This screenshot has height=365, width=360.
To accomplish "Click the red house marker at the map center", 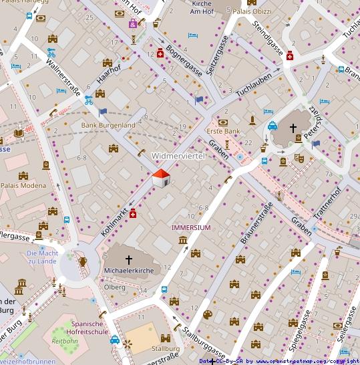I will click(161, 178).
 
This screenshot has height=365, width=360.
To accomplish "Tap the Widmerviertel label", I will click(181, 156).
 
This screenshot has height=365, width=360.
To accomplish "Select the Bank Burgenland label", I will click(108, 125).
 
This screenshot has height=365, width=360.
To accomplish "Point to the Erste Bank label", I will click(222, 132).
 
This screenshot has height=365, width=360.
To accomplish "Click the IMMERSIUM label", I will click(191, 228).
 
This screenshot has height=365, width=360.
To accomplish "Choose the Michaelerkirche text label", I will click(129, 271).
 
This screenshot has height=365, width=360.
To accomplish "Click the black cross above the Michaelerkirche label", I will click(129, 259).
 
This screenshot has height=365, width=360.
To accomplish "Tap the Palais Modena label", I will click(23, 185).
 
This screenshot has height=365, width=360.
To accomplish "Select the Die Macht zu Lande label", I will click(42, 257).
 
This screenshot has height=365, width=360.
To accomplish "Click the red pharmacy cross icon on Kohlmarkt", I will click(133, 213).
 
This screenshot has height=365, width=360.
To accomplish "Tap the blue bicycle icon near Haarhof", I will click(89, 100).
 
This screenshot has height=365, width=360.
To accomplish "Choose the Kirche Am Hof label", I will click(201, 7).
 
